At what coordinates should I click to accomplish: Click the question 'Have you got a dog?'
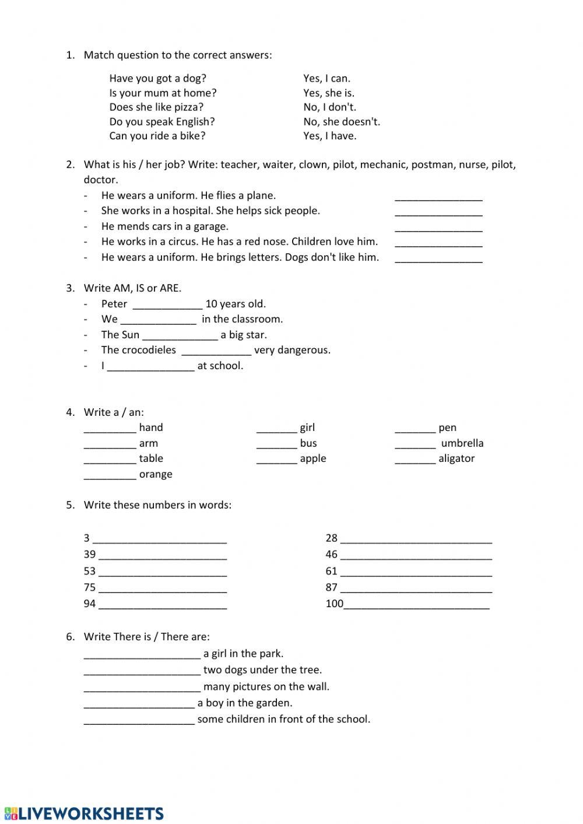click(157, 78)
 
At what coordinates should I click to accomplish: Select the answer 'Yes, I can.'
click(326, 78)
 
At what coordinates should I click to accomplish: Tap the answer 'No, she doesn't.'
click(341, 121)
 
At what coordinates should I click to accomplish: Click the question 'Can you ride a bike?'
click(157, 136)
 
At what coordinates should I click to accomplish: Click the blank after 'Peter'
click(167, 305)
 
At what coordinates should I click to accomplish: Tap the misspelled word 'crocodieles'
click(147, 350)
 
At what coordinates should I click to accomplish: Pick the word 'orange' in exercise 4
click(156, 474)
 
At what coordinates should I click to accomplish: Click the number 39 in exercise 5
click(89, 554)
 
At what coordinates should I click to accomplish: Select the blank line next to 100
click(416, 605)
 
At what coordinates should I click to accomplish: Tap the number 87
click(331, 587)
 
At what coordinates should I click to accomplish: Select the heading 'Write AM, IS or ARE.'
click(132, 288)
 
